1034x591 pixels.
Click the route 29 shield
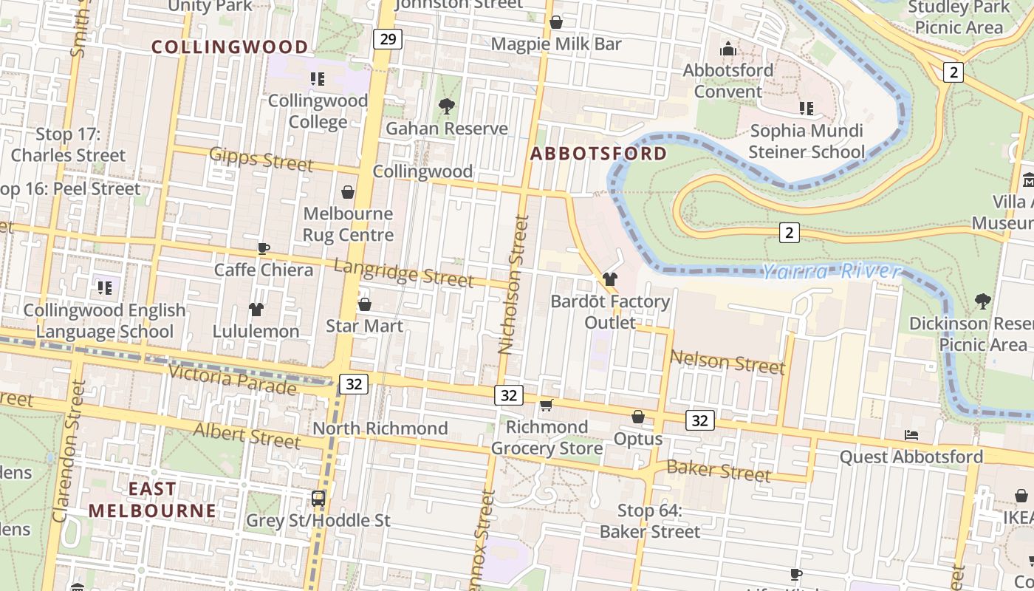(x=387, y=38)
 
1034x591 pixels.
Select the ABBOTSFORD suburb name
(x=598, y=154)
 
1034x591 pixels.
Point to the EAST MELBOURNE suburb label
(x=152, y=499)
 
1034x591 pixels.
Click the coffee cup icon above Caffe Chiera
(x=264, y=248)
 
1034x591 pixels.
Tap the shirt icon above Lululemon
(x=256, y=309)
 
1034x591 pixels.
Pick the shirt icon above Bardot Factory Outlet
(x=609, y=279)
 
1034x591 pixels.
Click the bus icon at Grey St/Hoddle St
(x=318, y=498)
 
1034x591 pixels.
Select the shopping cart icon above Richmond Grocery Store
(x=546, y=405)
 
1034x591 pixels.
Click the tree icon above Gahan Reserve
(x=446, y=106)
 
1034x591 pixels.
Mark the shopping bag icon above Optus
(x=638, y=417)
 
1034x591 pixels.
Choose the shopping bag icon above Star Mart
(x=364, y=304)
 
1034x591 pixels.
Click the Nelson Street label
(x=727, y=363)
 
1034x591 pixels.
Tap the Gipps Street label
(x=261, y=159)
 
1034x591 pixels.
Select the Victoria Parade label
(x=233, y=379)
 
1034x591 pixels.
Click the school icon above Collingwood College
(x=318, y=78)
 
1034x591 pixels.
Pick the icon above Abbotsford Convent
(x=728, y=49)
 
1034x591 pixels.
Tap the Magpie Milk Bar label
(x=556, y=44)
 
